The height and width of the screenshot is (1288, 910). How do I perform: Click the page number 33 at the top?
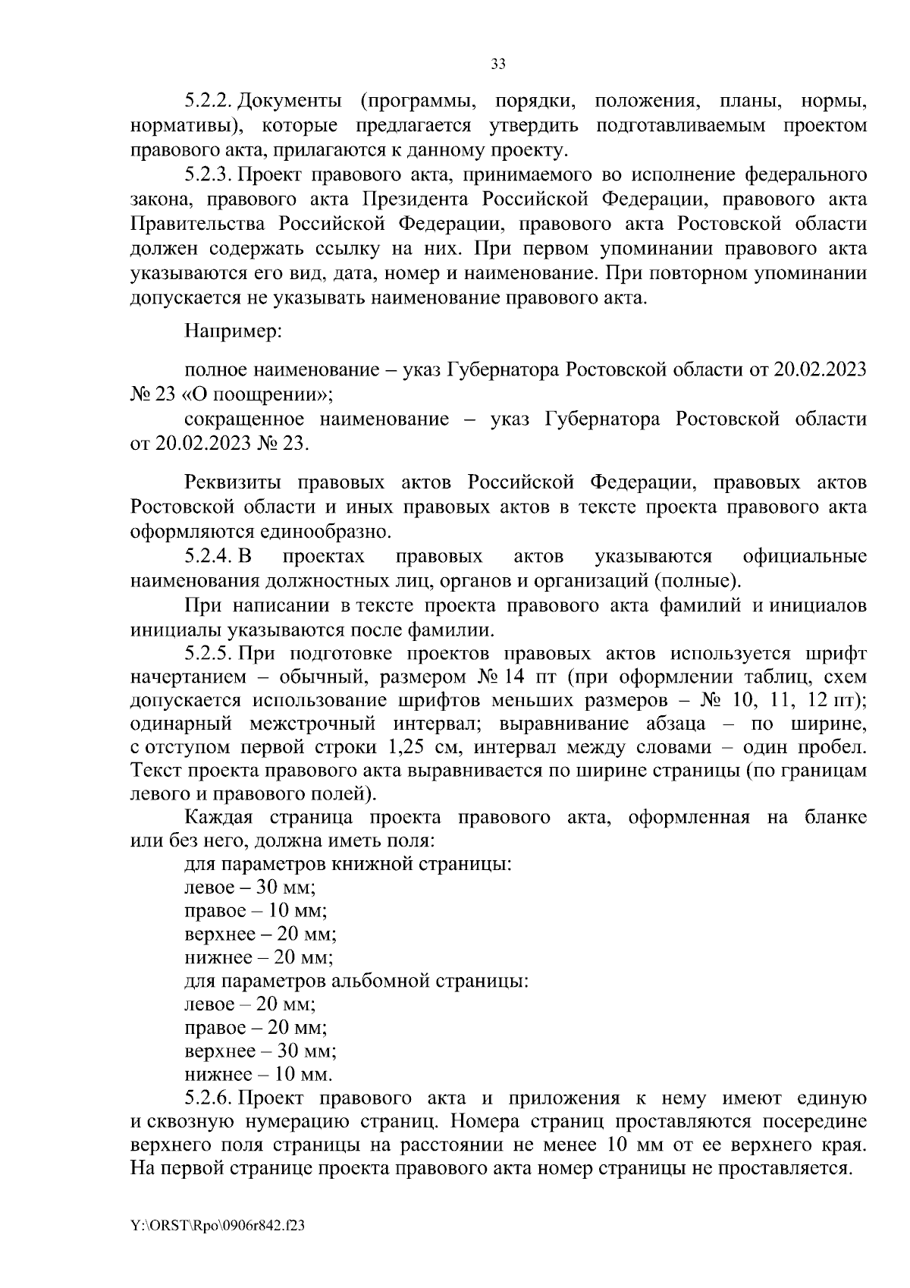click(x=498, y=64)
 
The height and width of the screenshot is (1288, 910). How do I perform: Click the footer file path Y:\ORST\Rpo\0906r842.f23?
click(x=218, y=1225)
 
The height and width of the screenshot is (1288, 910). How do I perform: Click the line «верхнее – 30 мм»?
click(x=260, y=1051)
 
